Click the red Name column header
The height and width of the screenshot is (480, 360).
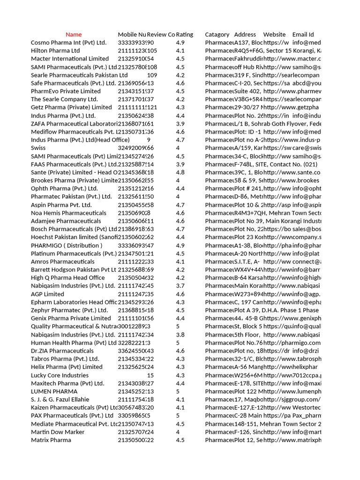pyautogui.click(x=74, y=35)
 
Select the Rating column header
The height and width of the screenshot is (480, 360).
pyautogui.click(x=185, y=35)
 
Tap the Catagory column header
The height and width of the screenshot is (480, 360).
pyautogui.click(x=217, y=35)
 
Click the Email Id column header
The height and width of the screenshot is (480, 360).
pyautogui.click(x=303, y=35)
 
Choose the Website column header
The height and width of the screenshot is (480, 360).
pyautogui.click(x=274, y=35)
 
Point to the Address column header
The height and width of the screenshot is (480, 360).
pyautogui.click(x=245, y=35)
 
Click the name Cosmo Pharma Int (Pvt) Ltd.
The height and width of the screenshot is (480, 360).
pyautogui.click(x=68, y=43)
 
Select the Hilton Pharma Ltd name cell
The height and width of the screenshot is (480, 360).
pyautogui.click(x=55, y=51)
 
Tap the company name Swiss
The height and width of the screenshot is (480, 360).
pyautogui.click(x=38, y=148)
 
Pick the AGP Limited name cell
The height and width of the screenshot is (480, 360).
pyautogui.click(x=47, y=294)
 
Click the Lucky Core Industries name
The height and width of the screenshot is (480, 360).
pyautogui.click(x=60, y=375)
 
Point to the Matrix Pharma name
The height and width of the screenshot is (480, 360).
pyautogui.click(x=51, y=440)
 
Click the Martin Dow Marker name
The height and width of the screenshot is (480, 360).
pyautogui.click(x=58, y=432)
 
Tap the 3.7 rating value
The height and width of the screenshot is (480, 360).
pyautogui.click(x=180, y=286)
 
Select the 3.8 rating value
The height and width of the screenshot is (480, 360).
pyautogui.click(x=180, y=335)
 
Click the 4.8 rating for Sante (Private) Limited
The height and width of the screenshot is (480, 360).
pyautogui.click(x=180, y=172)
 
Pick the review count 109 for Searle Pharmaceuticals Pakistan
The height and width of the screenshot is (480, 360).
pyautogui.click(x=152, y=75)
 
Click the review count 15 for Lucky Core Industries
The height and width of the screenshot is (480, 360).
pyautogui.click(x=150, y=375)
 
